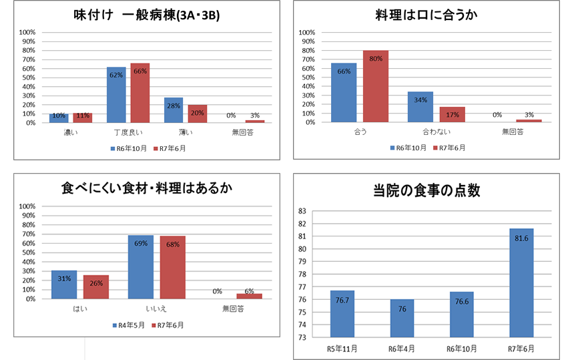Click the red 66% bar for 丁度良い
pyautogui.click(x=140, y=93)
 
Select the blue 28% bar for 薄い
pyautogui.click(x=174, y=110)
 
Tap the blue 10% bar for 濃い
pyautogui.click(x=59, y=118)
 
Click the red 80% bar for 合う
pyautogui.click(x=376, y=86)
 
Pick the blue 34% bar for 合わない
pyautogui.click(x=420, y=107)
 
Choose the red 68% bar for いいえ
pyautogui.click(x=172, y=267)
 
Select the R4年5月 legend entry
pyautogui.click(x=129, y=326)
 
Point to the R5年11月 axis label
pyautogui.click(x=342, y=348)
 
